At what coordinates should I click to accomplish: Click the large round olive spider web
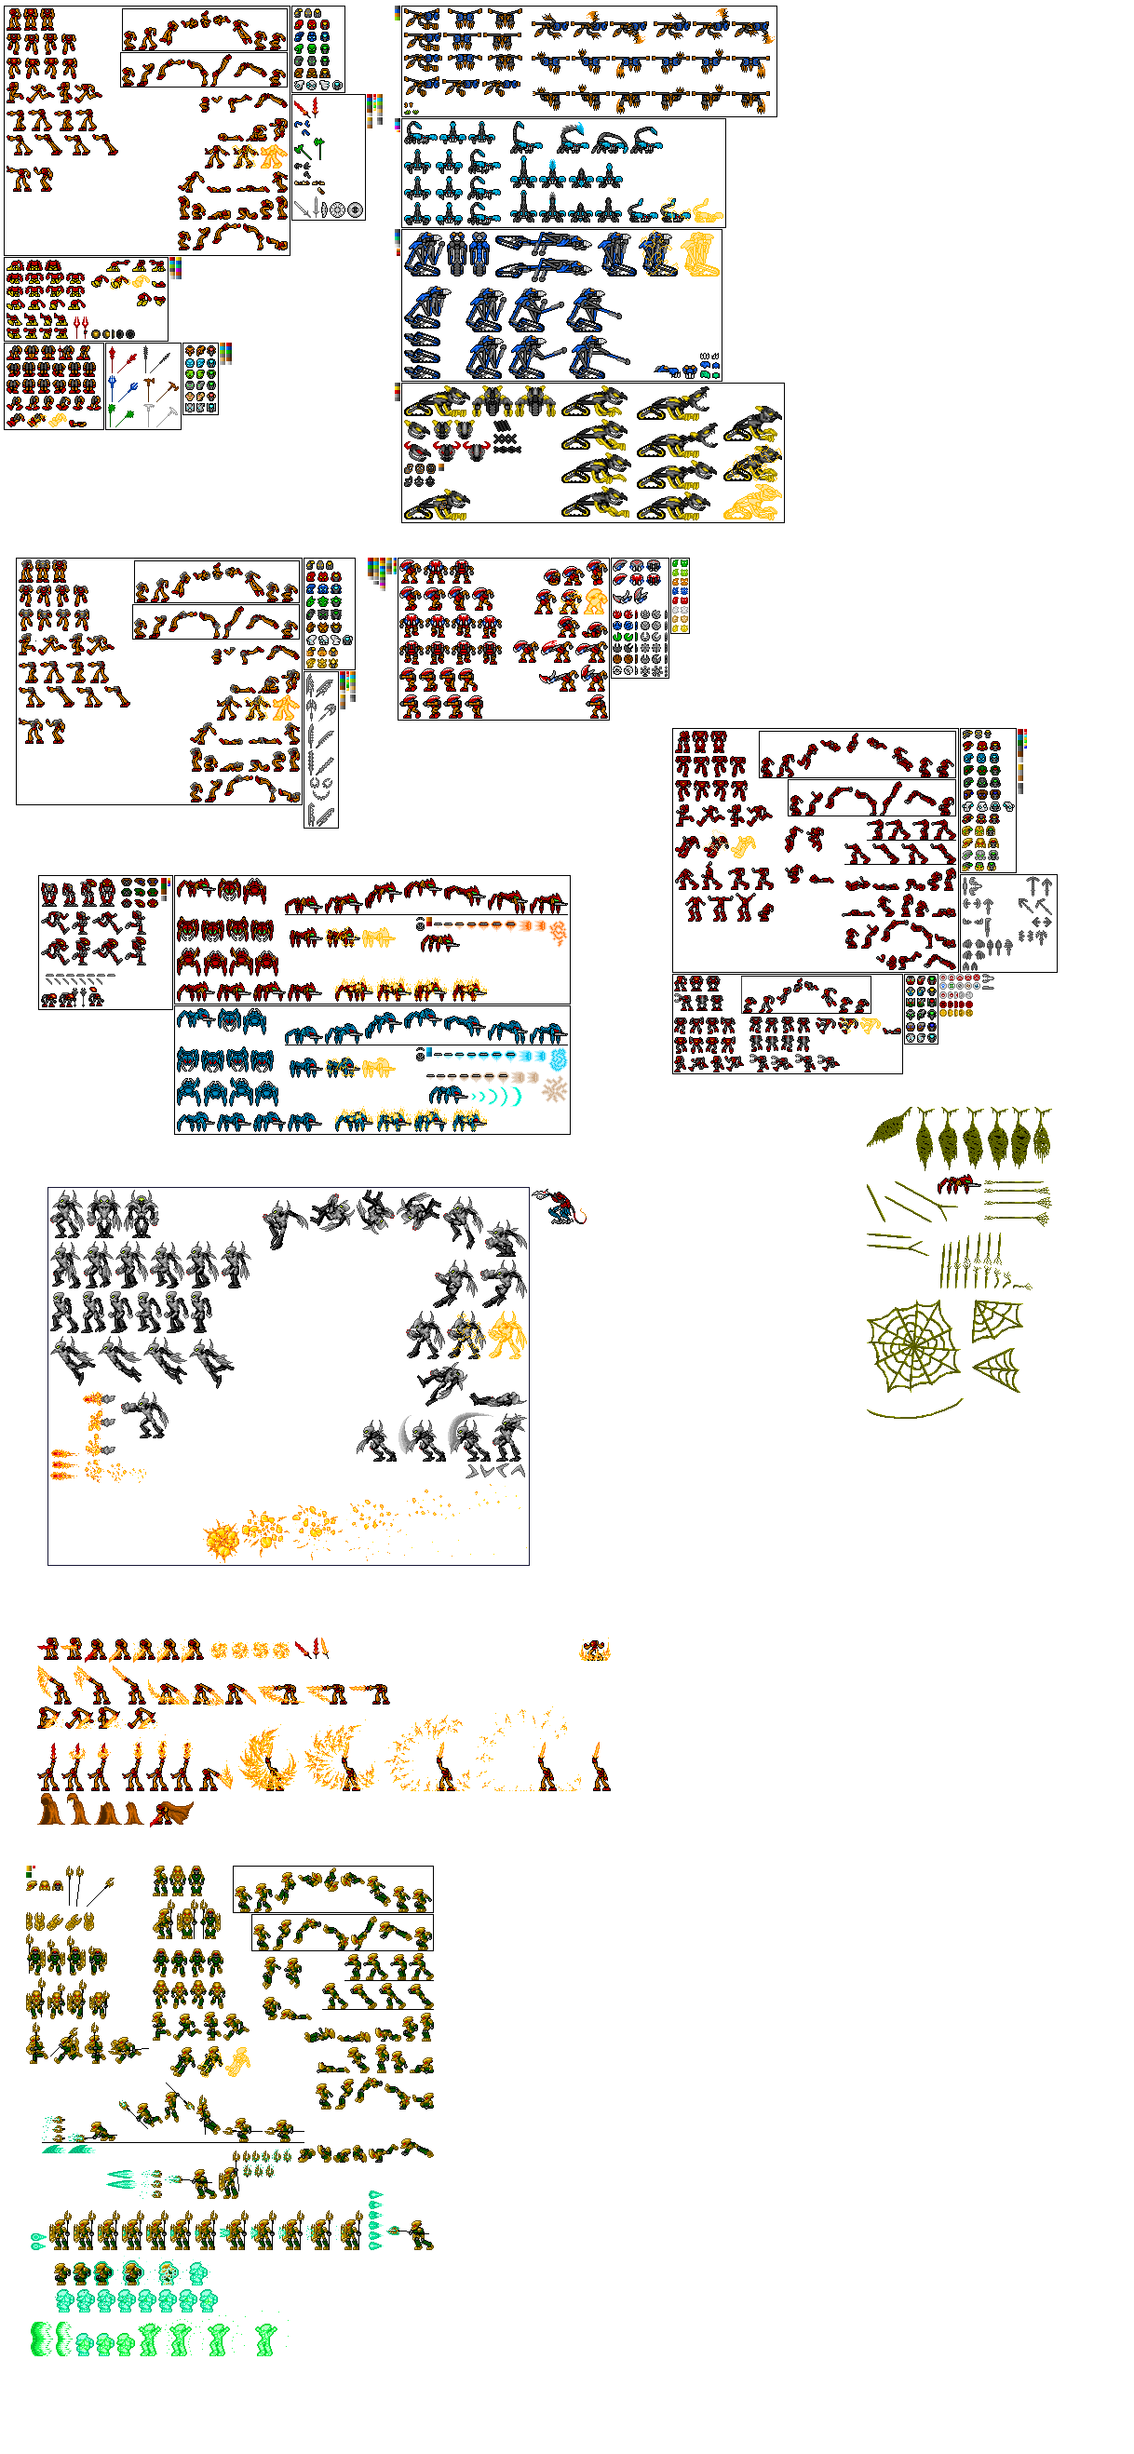(912, 1346)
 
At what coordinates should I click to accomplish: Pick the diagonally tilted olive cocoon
(889, 1128)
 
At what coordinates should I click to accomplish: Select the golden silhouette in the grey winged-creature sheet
(506, 1334)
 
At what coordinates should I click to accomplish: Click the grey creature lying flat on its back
(496, 1399)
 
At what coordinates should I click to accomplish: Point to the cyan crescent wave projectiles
(499, 1097)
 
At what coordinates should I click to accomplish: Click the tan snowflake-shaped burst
(555, 1090)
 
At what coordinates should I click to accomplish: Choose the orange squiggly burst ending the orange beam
(559, 933)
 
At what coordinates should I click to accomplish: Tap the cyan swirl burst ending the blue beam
(559, 1058)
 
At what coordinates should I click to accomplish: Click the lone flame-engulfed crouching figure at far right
(594, 1651)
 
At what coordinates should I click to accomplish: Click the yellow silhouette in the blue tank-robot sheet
(700, 253)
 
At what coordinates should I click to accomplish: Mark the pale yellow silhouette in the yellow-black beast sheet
(753, 502)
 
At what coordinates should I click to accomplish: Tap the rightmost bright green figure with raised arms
(266, 2339)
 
